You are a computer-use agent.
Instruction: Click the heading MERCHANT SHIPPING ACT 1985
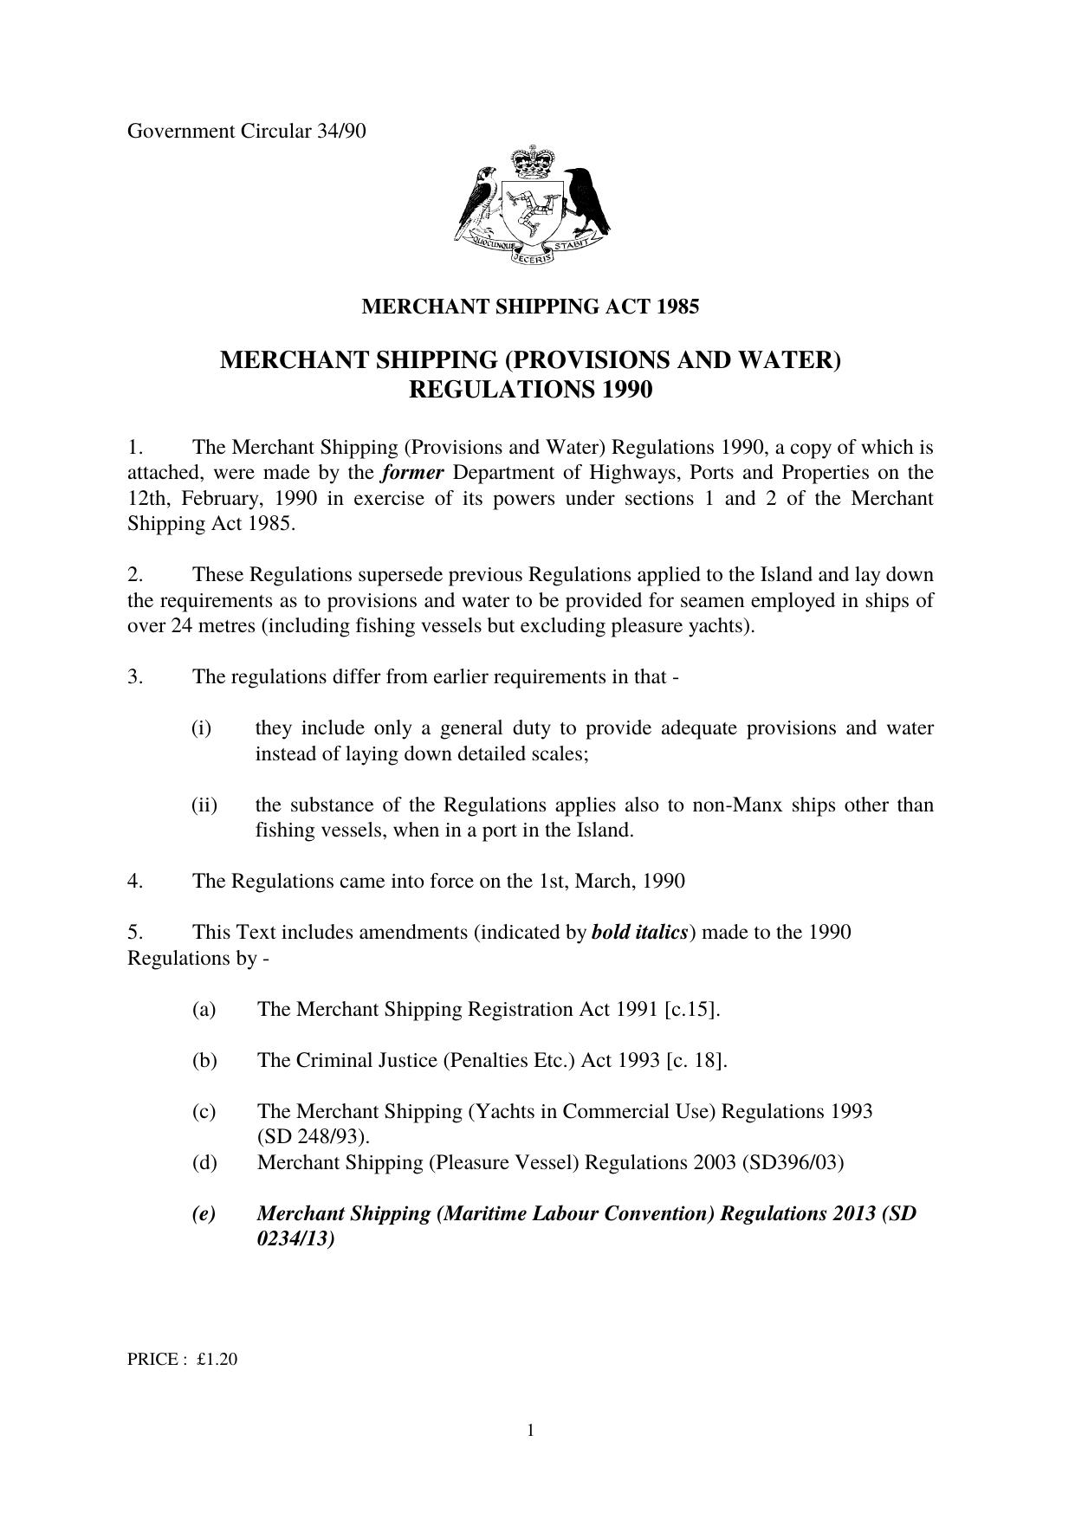click(529, 307)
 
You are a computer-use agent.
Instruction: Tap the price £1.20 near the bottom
click(217, 1360)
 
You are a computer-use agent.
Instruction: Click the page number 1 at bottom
click(530, 1431)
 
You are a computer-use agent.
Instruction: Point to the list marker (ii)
click(204, 805)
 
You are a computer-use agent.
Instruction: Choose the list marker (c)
click(204, 1111)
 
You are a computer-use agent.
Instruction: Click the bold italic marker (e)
click(204, 1213)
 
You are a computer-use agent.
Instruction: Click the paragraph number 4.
click(134, 882)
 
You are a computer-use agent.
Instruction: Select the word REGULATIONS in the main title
click(490, 391)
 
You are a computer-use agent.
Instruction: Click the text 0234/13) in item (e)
click(295, 1239)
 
